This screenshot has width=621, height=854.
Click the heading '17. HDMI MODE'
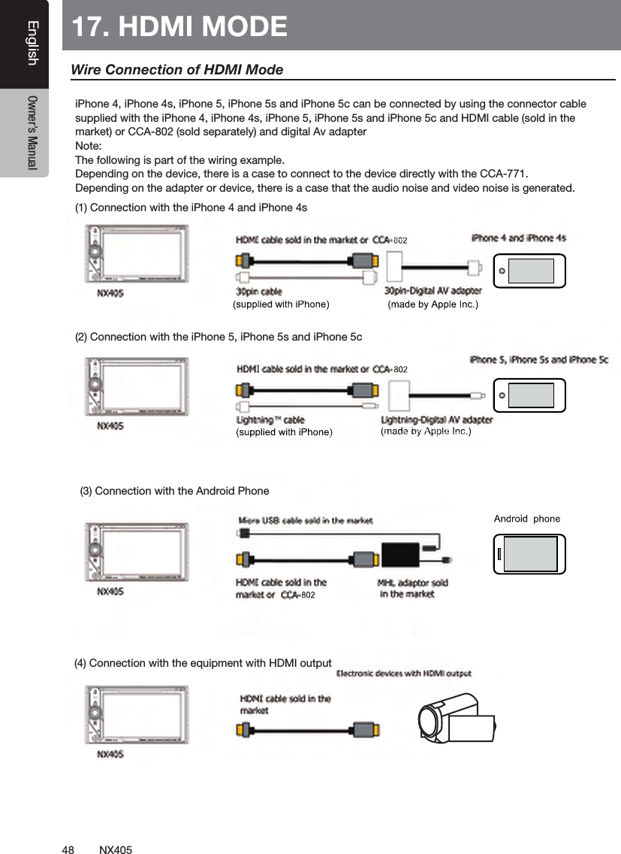pos(180,26)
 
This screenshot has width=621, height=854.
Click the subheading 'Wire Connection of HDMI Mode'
pos(176,70)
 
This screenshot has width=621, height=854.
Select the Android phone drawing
pos(530,554)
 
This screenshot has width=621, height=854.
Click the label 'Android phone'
pos(526,519)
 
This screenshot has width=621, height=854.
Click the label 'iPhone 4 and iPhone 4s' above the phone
pos(518,238)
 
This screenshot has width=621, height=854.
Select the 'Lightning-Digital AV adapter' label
pos(437,419)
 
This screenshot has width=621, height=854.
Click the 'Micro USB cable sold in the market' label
pos(306,519)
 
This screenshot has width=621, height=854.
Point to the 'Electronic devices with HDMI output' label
pos(404,674)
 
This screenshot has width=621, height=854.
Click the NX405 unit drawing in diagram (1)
pos(137,256)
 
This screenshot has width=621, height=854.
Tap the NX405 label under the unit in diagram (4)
pos(110,753)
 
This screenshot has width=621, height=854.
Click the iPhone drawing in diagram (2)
pos(529,395)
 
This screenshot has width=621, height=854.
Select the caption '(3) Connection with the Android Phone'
pos(174,492)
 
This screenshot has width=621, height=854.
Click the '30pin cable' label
pos(259,290)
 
